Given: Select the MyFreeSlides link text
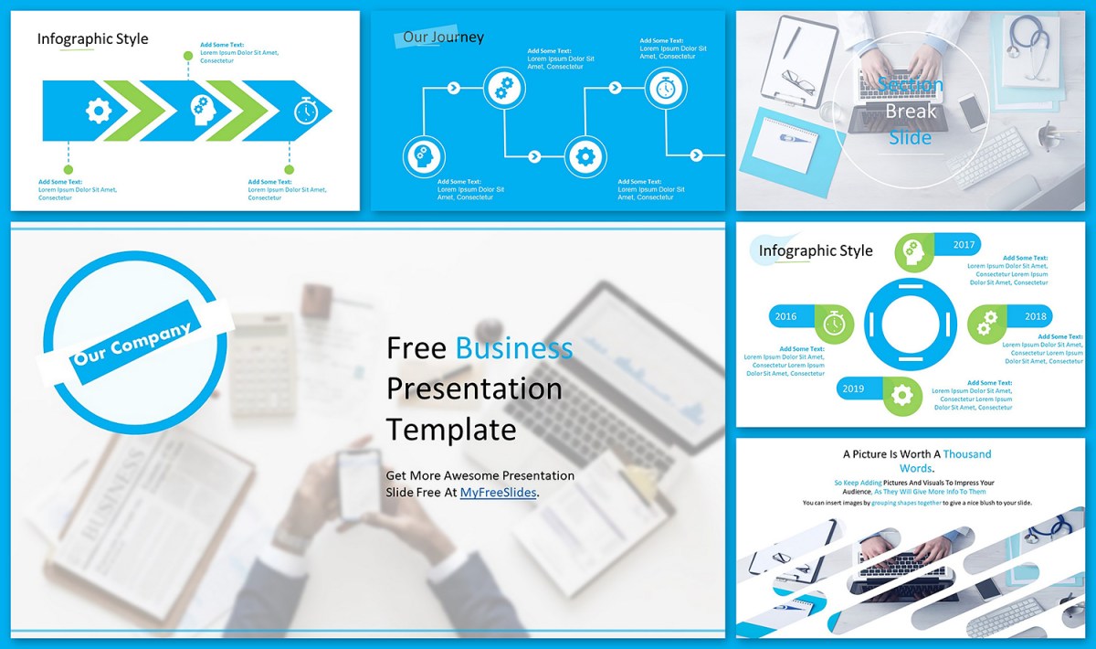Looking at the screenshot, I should tap(498, 492).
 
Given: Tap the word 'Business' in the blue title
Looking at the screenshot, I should tap(514, 348).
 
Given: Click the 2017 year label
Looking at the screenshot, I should tap(964, 245).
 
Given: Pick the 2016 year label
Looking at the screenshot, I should tap(785, 316).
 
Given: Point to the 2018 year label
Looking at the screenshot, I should tap(1036, 316).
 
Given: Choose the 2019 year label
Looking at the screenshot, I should tap(853, 388).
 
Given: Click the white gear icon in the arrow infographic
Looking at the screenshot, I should tap(98, 111).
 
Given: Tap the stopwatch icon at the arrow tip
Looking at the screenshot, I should tap(305, 112).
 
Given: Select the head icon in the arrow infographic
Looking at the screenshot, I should tap(202, 111).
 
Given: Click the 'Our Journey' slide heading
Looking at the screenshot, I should tap(443, 37).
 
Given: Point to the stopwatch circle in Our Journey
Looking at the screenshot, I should tap(666, 88).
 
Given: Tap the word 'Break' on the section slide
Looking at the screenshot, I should tap(911, 112).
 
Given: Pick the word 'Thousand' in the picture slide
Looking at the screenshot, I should tap(966, 453).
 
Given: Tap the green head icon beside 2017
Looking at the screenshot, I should tap(913, 252).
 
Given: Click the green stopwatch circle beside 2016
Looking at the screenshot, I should tap(833, 324).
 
